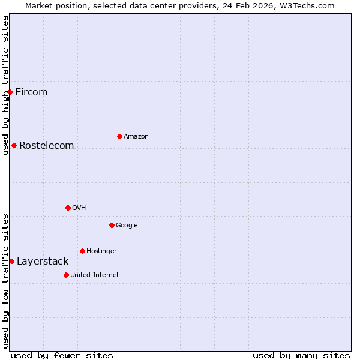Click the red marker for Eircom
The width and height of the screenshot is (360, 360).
pyautogui.click(x=10, y=92)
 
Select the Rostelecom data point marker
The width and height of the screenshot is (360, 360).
pyautogui.click(x=14, y=145)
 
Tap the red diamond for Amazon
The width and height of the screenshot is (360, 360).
pyautogui.click(x=119, y=136)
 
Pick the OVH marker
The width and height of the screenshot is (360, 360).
pyautogui.click(x=68, y=208)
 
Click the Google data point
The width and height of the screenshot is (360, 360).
pyautogui.click(x=112, y=225)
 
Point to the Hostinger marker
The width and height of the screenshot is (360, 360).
pyautogui.click(x=82, y=251)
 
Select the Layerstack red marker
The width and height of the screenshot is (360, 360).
pyautogui.click(x=11, y=261)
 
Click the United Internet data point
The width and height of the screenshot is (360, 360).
pyautogui.click(x=66, y=275)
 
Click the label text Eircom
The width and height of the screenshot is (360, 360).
pyautogui.click(x=31, y=92)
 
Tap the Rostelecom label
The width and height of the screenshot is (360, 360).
pyautogui.click(x=46, y=145)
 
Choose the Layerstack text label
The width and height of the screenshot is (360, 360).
pyautogui.click(x=43, y=261)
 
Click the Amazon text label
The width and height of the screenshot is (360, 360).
pyautogui.click(x=136, y=136)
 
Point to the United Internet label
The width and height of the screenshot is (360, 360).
pyautogui.click(x=94, y=275)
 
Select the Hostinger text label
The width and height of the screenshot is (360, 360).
pyautogui.click(x=101, y=251)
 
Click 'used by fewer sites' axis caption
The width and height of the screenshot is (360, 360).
pyautogui.click(x=62, y=355)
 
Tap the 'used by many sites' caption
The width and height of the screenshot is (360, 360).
pyautogui.click(x=301, y=355)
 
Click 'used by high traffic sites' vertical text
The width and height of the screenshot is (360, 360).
pyautogui.click(x=5, y=85)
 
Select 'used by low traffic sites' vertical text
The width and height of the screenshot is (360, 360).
pyautogui.click(x=5, y=280)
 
